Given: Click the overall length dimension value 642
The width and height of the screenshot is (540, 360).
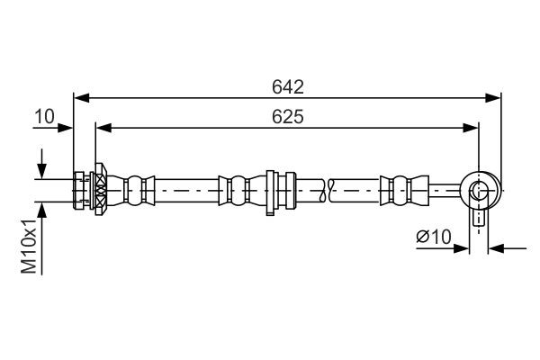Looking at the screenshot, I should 288,87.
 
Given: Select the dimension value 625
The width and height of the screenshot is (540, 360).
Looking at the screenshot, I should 287,117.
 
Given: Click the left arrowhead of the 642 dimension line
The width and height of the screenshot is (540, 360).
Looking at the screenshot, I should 79,96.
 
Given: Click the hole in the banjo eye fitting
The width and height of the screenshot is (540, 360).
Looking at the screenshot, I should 479,190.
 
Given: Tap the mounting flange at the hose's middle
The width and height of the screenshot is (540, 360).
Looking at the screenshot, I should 270,190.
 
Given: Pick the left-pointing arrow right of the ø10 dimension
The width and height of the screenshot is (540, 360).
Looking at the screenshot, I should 495,247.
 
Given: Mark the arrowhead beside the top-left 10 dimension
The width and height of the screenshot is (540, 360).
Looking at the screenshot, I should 67,128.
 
